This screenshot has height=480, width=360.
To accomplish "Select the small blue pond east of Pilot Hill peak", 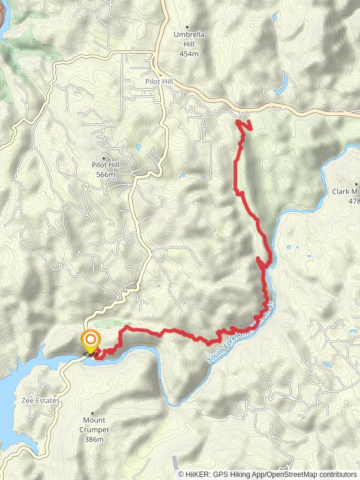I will [x=139, y=147].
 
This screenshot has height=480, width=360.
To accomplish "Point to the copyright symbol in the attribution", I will [x=181, y=474].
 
